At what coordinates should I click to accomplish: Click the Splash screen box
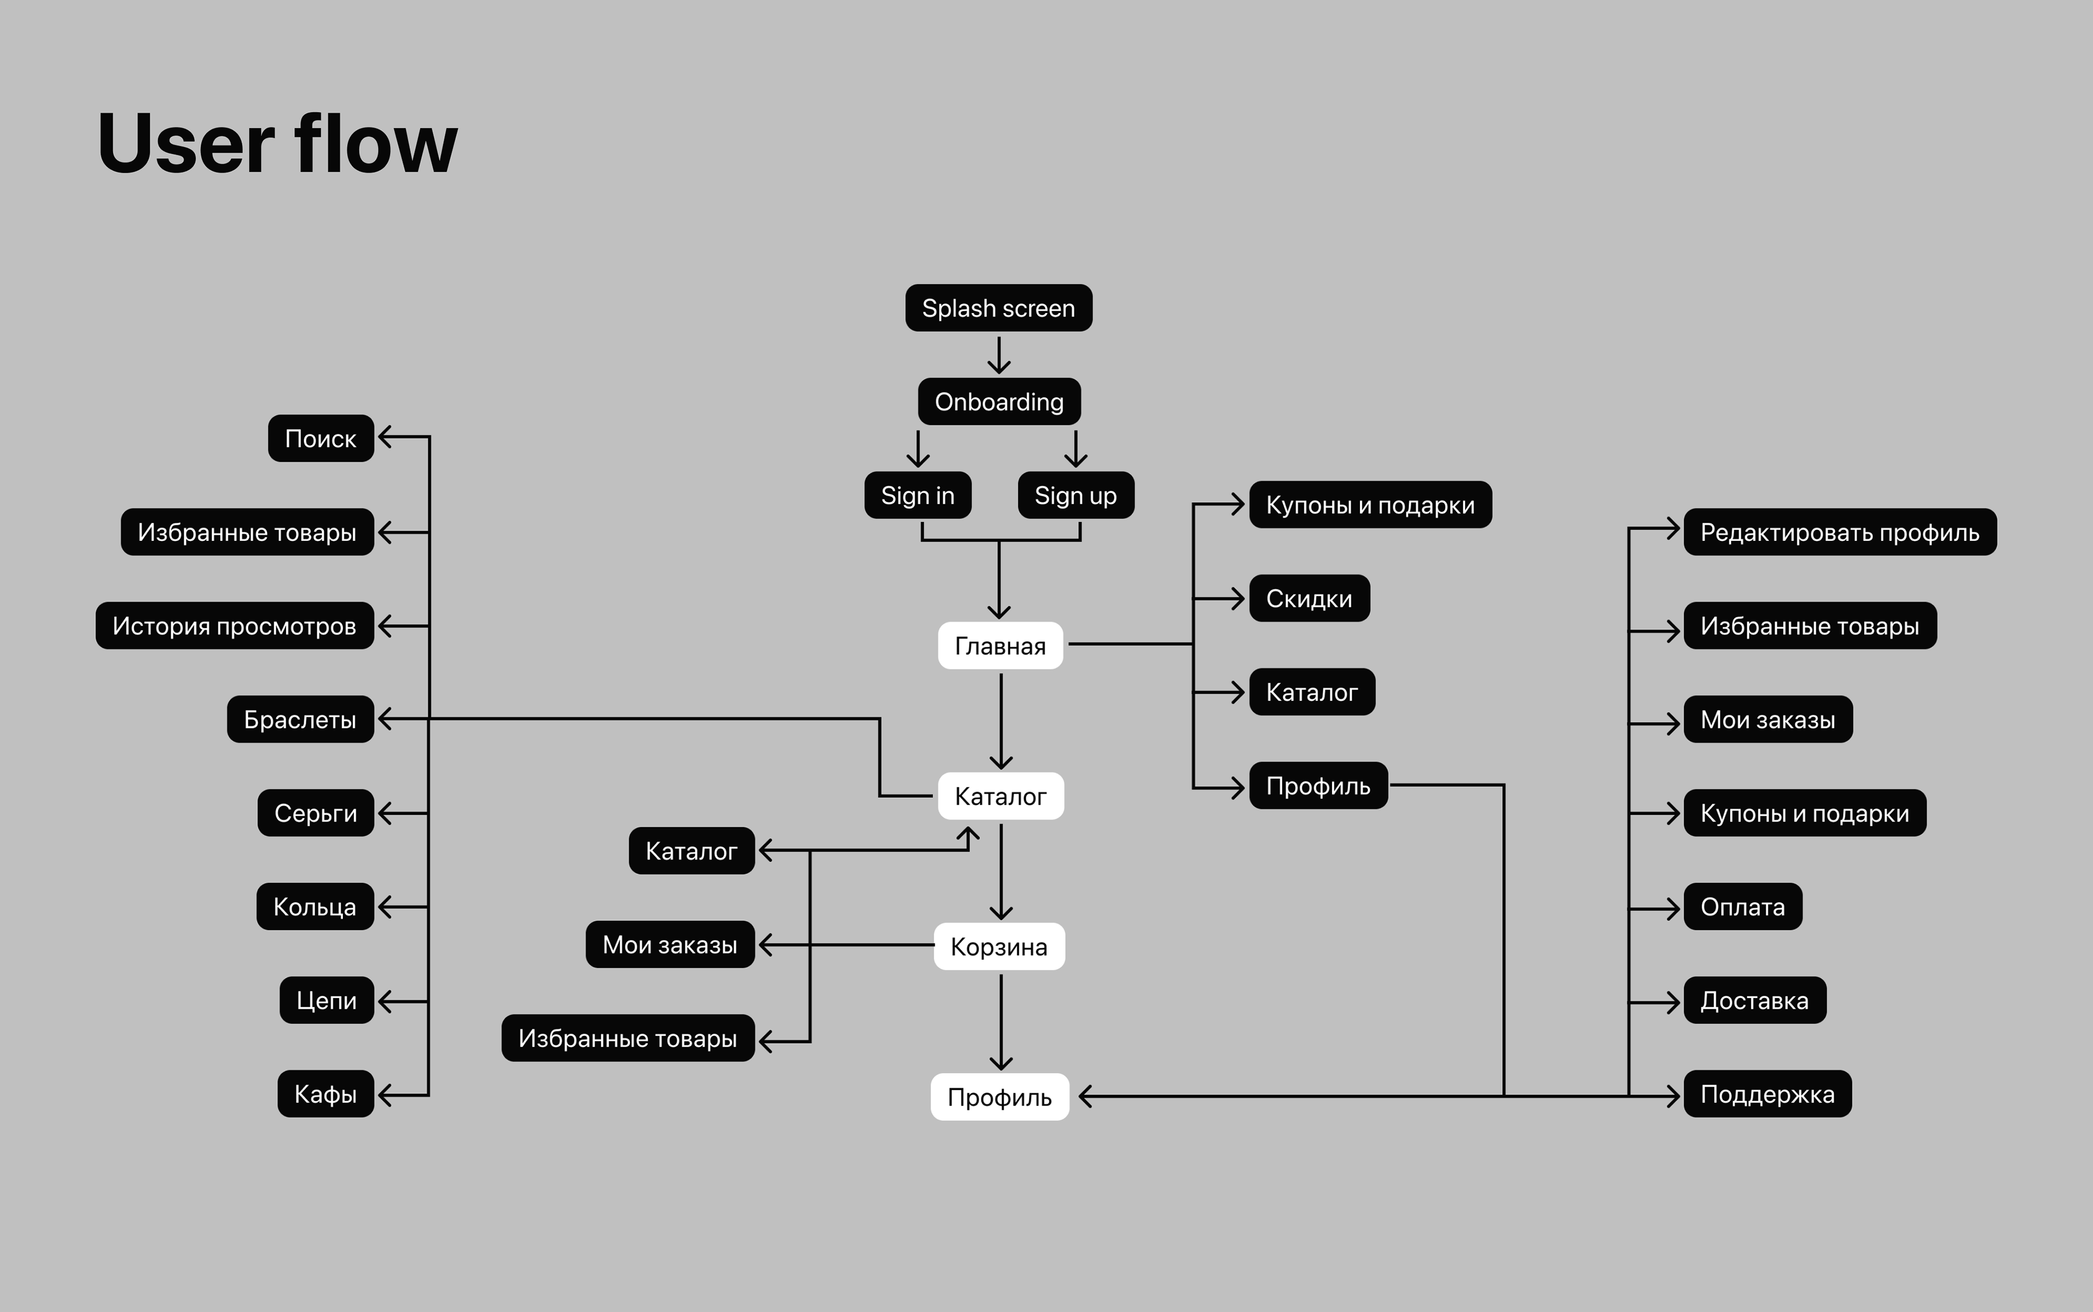(x=999, y=308)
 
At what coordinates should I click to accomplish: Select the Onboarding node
(x=999, y=402)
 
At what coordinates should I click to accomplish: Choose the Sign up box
(x=1075, y=496)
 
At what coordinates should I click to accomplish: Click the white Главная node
(x=1000, y=646)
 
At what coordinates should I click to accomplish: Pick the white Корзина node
(x=999, y=947)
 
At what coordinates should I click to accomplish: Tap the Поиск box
(x=320, y=438)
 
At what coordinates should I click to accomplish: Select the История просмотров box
(x=234, y=625)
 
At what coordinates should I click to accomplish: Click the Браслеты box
(x=300, y=719)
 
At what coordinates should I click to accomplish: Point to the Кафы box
(x=325, y=1094)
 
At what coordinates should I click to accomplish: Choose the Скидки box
(x=1309, y=599)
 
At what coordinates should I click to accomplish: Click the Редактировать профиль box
(x=1840, y=532)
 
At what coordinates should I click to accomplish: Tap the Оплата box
(x=1743, y=907)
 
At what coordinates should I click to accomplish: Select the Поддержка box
(x=1767, y=1094)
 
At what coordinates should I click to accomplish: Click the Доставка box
(x=1754, y=1001)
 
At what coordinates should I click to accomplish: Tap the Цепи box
(x=326, y=1001)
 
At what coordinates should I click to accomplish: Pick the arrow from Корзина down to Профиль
(x=1001, y=1022)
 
